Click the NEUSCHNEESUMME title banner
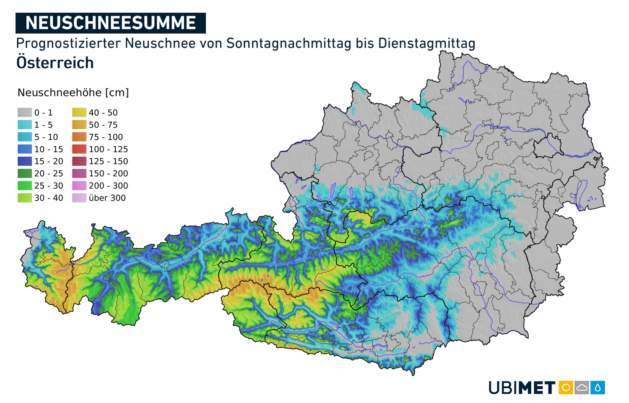pos(111,23)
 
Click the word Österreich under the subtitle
pos(55,63)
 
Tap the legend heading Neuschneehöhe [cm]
pos(73,93)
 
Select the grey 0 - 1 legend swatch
pos(25,113)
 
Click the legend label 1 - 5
pos(44,125)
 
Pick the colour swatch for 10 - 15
pos(25,149)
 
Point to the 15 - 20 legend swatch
pos(25,161)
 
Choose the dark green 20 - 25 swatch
pos(25,173)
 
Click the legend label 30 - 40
pos(49,198)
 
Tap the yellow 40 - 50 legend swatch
pos(79,113)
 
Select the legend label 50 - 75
pos(103,125)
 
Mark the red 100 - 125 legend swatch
pos(79,149)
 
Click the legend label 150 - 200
pos(108,173)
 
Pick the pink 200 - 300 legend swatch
pos(79,186)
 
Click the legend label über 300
pos(107,198)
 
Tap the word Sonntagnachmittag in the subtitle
pos(289,43)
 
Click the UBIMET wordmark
pos(522,387)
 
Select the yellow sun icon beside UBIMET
pos(566,387)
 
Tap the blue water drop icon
pos(598,387)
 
